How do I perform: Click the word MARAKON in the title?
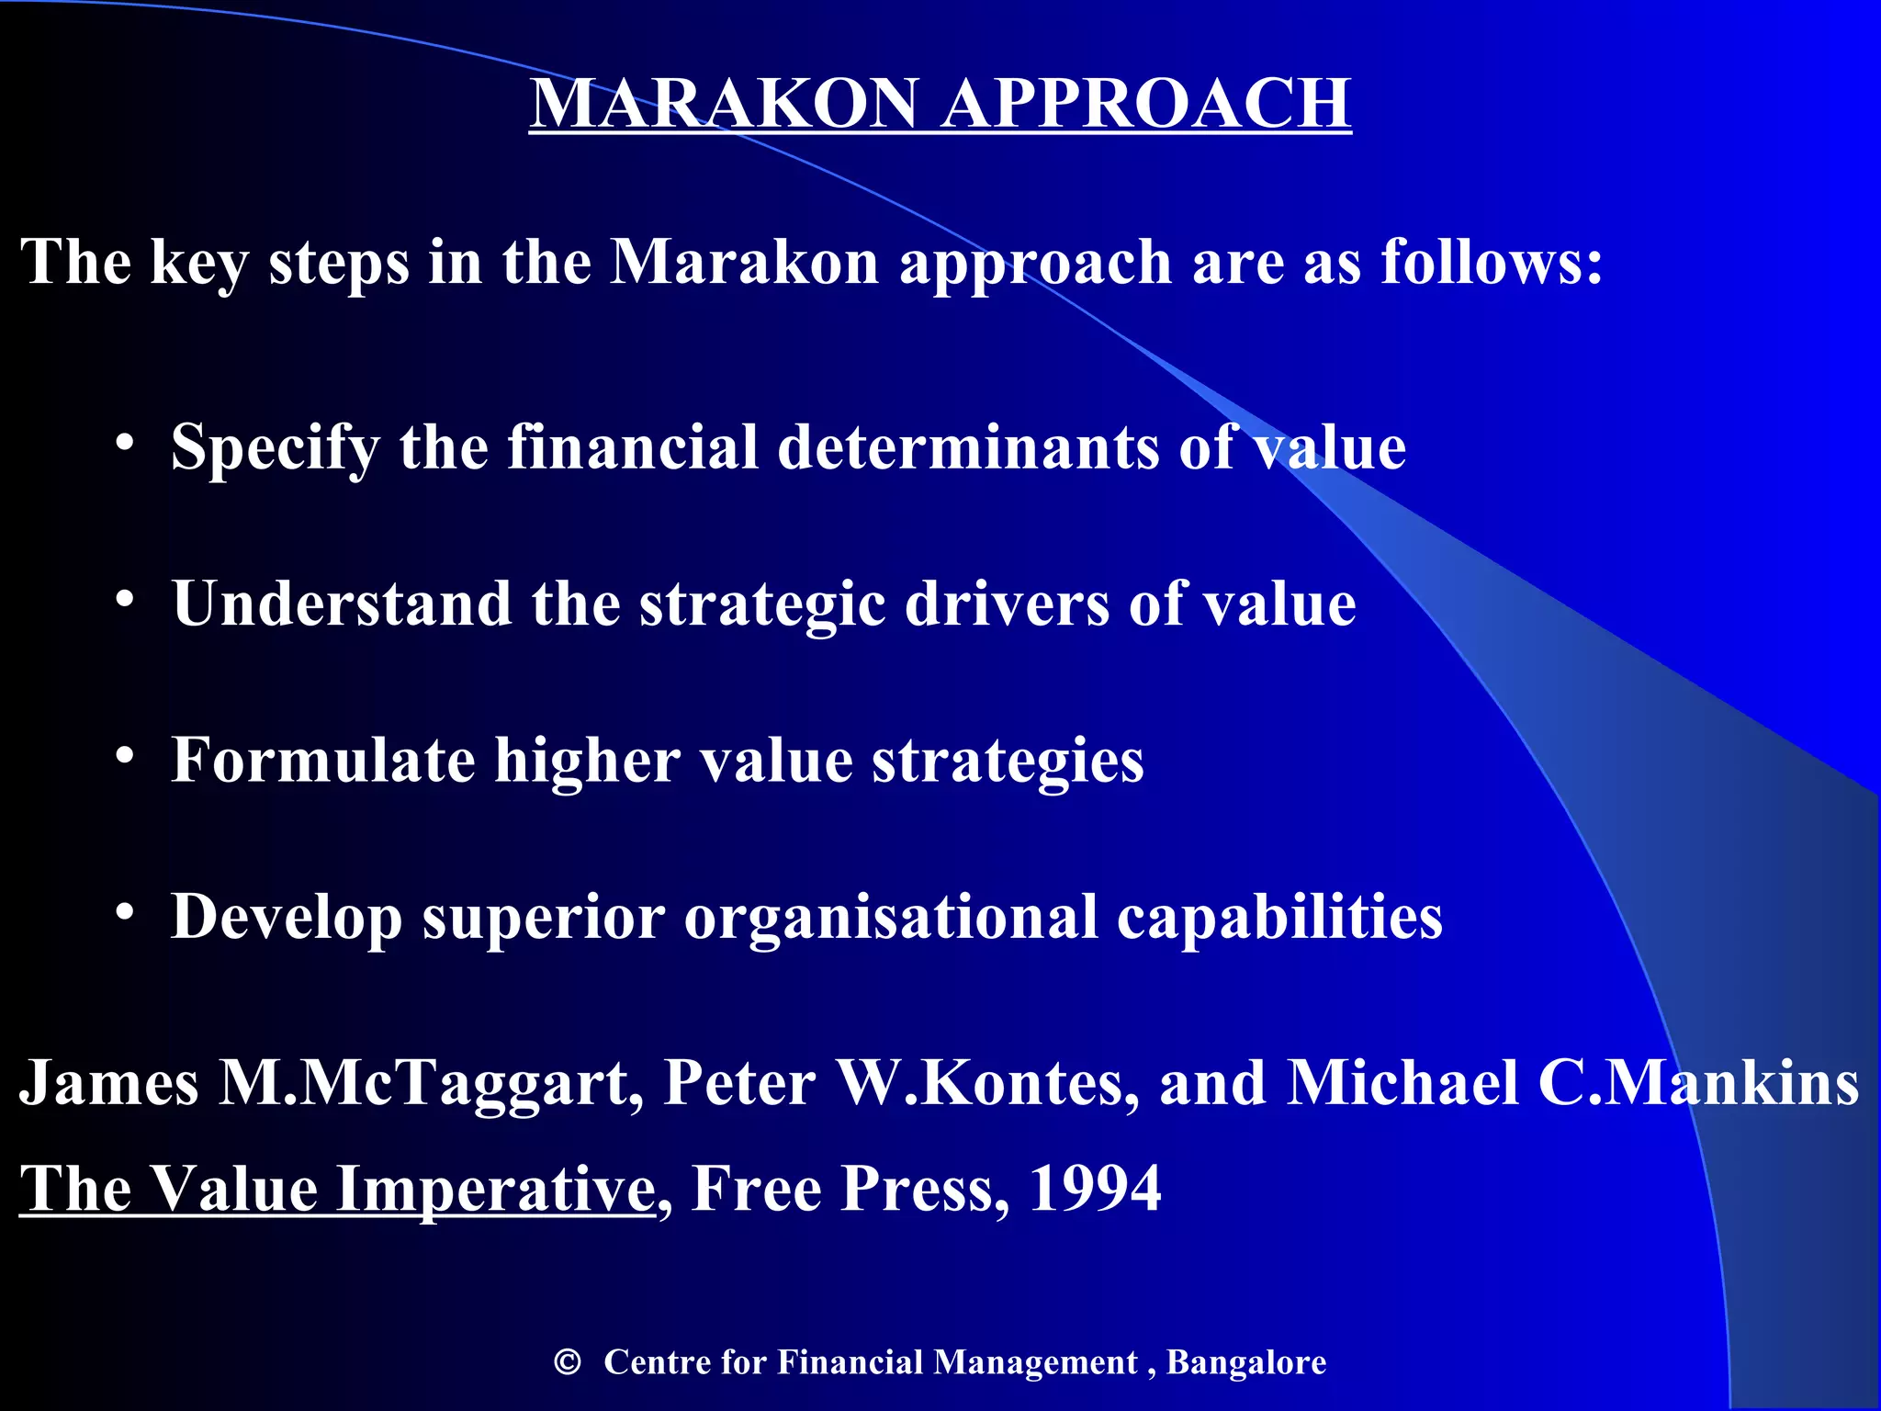pyautogui.click(x=724, y=103)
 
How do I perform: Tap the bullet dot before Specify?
pyautogui.click(x=126, y=444)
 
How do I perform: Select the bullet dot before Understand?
pyautogui.click(x=126, y=601)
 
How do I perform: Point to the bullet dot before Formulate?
pyautogui.click(x=126, y=757)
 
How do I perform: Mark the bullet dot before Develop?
pyautogui.click(x=126, y=913)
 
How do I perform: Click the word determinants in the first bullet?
pyautogui.click(x=968, y=447)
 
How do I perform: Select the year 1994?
pyautogui.click(x=1095, y=1189)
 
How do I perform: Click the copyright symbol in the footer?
pyautogui.click(x=568, y=1362)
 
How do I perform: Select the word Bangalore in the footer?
pyautogui.click(x=1245, y=1362)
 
